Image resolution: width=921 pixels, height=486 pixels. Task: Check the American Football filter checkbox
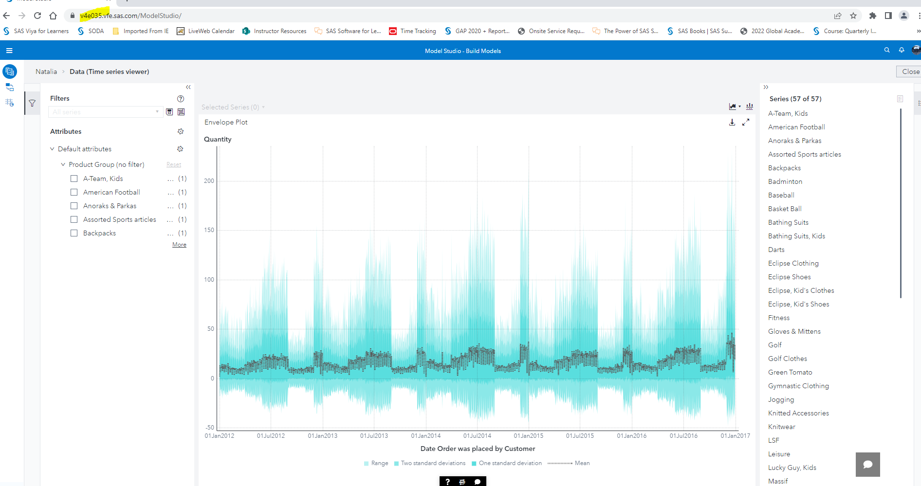click(74, 192)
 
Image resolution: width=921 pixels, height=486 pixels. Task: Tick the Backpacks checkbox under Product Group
click(74, 233)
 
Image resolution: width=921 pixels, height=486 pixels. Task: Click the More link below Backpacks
click(179, 245)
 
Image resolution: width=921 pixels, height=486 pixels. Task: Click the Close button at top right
click(910, 72)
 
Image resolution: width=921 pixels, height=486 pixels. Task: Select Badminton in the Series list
click(785, 181)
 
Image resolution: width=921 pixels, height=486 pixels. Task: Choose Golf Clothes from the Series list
click(787, 359)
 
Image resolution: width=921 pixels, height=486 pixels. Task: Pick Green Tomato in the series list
click(790, 372)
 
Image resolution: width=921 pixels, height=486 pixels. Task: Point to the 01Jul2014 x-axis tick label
click(477, 436)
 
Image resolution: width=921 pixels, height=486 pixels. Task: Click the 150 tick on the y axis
click(209, 230)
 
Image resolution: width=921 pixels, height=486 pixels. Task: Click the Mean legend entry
click(582, 463)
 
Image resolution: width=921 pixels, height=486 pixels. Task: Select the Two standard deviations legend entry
click(433, 463)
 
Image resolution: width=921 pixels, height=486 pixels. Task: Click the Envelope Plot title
click(226, 122)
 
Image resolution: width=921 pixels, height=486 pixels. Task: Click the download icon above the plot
click(732, 123)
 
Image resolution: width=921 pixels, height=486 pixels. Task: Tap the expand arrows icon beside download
click(745, 123)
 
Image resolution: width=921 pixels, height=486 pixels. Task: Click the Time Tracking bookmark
click(418, 31)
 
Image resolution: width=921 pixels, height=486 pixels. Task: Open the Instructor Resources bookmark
click(279, 31)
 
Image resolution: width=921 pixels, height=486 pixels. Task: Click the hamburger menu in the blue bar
click(9, 51)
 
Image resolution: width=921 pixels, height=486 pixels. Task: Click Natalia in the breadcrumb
click(46, 72)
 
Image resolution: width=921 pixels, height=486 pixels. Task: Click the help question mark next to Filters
click(181, 99)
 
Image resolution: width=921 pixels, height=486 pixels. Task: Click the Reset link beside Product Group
click(174, 165)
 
